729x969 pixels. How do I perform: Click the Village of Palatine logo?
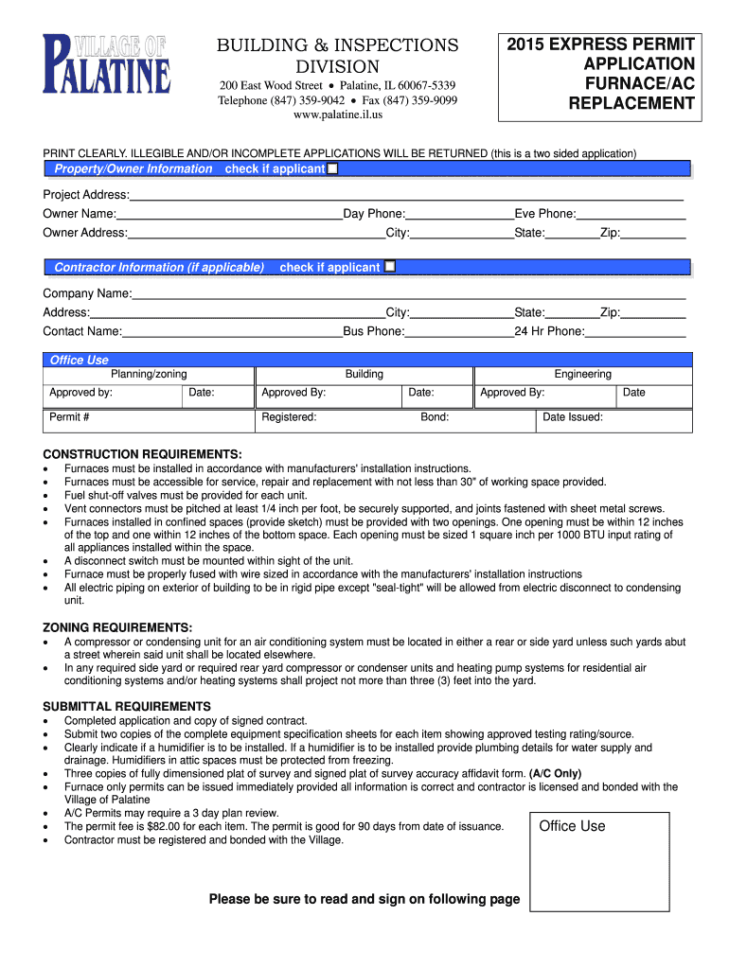(107, 64)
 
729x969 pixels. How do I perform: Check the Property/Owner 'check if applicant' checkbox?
(332, 168)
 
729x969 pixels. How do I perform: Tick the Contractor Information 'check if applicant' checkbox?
(389, 267)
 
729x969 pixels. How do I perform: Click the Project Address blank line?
(406, 194)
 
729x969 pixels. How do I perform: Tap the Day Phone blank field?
(459, 214)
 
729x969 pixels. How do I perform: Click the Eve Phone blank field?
(631, 214)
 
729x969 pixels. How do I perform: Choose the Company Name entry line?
(408, 293)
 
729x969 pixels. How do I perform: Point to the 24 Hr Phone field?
(635, 331)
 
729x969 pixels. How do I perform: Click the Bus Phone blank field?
(459, 331)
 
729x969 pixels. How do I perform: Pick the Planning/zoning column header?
(149, 374)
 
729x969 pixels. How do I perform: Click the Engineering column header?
(582, 374)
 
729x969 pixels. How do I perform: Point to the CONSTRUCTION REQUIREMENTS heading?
(142, 453)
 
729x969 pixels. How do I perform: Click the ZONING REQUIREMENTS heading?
(117, 627)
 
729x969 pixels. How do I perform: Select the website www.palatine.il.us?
(338, 115)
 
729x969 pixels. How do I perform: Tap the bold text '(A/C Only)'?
(555, 773)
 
